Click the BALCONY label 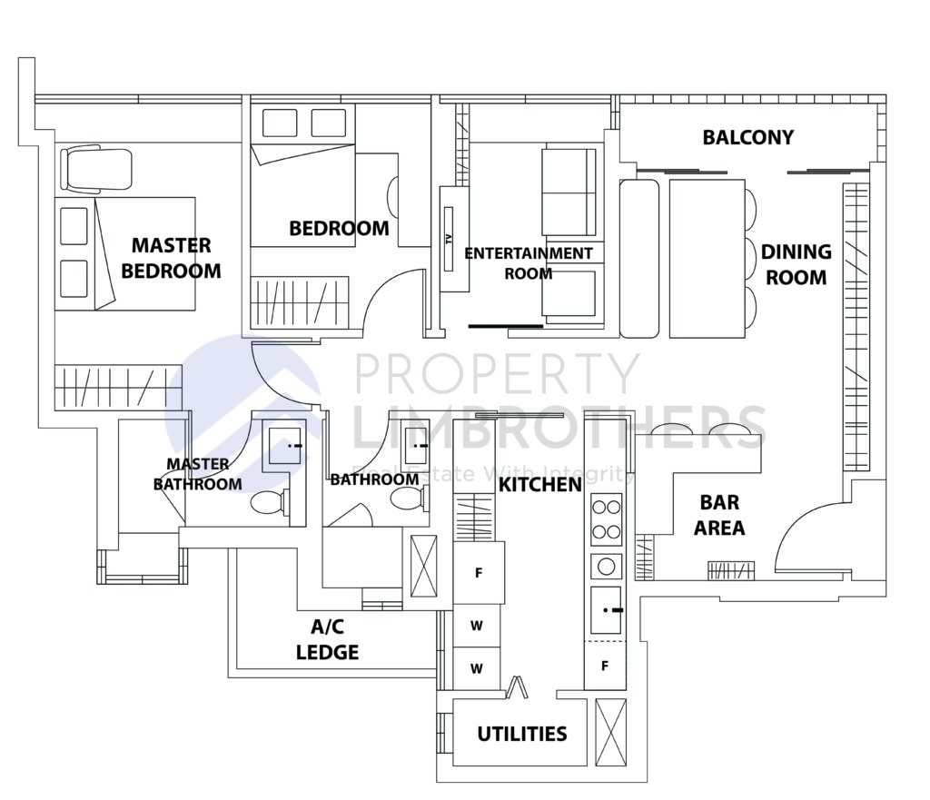click(x=747, y=137)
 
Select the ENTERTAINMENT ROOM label click(x=528, y=262)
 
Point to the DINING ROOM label click(x=796, y=264)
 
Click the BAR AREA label click(x=719, y=515)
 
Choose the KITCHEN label click(x=539, y=485)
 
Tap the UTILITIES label click(x=522, y=734)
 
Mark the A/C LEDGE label click(x=327, y=639)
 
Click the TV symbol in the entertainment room click(x=449, y=240)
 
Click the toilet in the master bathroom click(x=268, y=502)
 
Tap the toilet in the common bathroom click(x=408, y=499)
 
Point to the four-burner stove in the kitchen click(x=606, y=519)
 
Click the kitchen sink click(x=605, y=610)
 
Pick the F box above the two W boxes click(x=479, y=573)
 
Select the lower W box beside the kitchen click(x=476, y=669)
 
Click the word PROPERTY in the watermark click(x=497, y=373)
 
